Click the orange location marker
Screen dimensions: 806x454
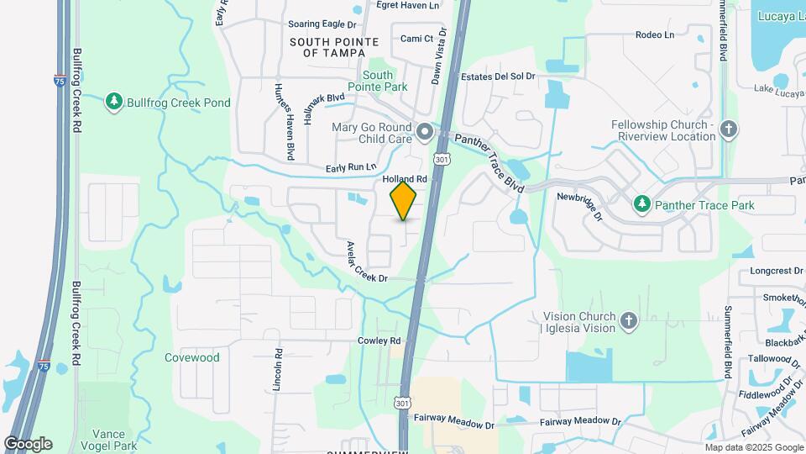click(404, 201)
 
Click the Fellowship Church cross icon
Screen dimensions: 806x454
click(729, 129)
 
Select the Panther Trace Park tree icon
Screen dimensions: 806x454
click(642, 204)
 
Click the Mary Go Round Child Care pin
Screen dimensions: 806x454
click(425, 132)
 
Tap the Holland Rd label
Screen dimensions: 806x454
click(405, 179)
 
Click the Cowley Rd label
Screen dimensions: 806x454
click(379, 340)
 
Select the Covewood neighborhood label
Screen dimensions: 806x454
click(192, 357)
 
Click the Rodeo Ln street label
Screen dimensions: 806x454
click(655, 34)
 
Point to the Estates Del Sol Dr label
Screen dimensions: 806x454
click(498, 77)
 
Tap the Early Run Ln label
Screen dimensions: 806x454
click(352, 166)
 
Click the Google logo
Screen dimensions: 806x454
click(28, 443)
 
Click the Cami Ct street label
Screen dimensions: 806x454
click(416, 38)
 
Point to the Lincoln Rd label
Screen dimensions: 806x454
click(277, 370)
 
